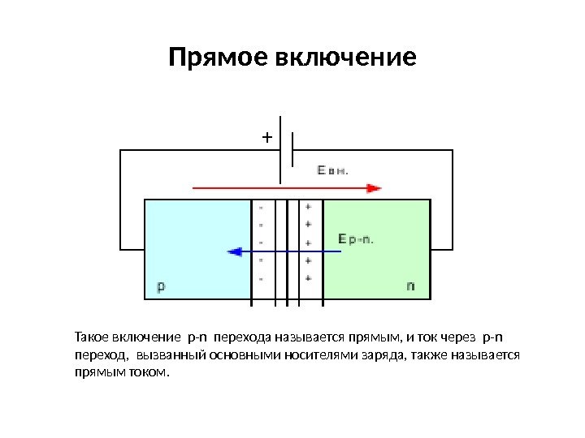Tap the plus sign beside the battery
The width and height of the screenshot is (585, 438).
(266, 137)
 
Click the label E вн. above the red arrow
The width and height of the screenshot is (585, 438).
(332, 170)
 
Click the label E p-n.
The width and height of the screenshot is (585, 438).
(355, 238)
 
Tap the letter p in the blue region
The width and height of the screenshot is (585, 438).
(160, 286)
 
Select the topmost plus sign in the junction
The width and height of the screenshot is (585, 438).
(308, 206)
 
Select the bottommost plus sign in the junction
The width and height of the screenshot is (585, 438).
(308, 278)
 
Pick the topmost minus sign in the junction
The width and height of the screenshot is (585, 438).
(261, 206)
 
